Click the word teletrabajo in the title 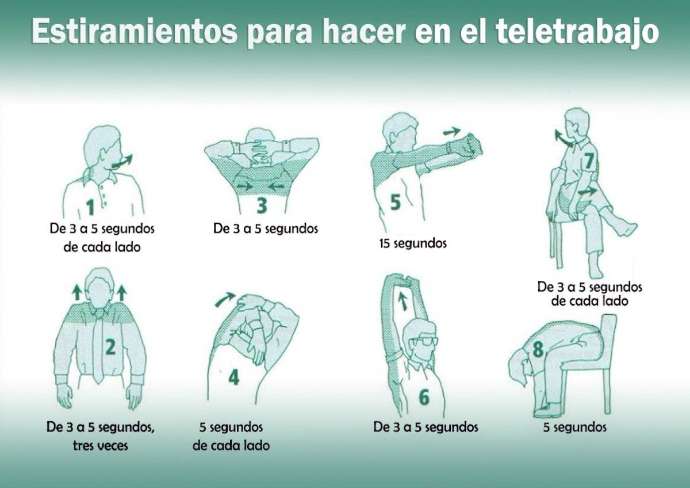coord(576,32)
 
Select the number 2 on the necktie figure coord(110,347)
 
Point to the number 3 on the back coord(262,204)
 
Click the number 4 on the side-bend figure coord(233,377)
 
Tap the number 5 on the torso coord(396,202)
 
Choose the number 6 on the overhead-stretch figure coord(424,397)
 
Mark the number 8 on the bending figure coord(538,349)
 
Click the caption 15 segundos coord(412,243)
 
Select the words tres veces coord(101,445)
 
